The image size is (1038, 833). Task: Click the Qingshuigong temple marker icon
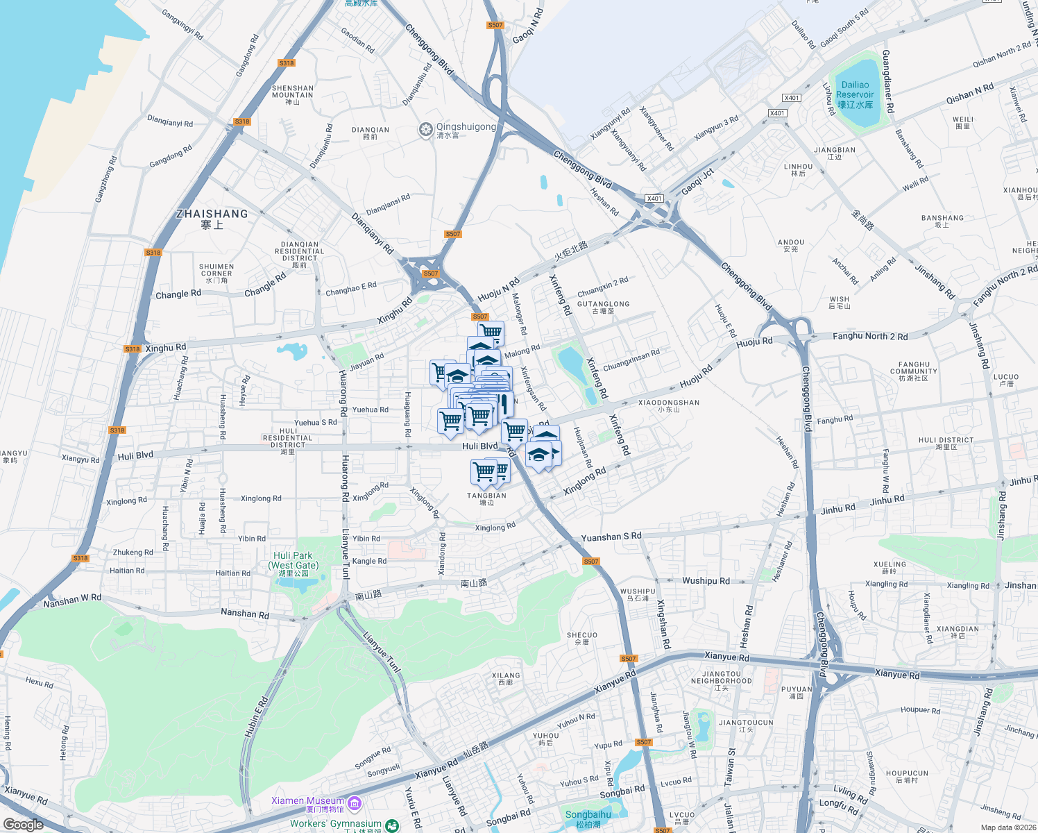click(425, 130)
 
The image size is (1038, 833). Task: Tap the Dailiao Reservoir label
click(855, 94)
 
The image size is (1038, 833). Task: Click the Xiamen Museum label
click(307, 801)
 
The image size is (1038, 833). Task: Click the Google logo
click(23, 824)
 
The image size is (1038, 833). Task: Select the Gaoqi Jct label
click(697, 182)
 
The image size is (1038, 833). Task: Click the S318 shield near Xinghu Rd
click(132, 349)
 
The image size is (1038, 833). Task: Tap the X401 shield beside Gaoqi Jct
click(654, 199)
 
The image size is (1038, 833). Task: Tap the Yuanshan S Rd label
click(611, 537)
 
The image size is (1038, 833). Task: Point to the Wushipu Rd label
click(706, 580)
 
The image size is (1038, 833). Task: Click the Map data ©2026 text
click(1008, 827)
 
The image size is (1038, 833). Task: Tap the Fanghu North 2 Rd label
click(869, 336)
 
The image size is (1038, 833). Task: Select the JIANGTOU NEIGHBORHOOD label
click(721, 678)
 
